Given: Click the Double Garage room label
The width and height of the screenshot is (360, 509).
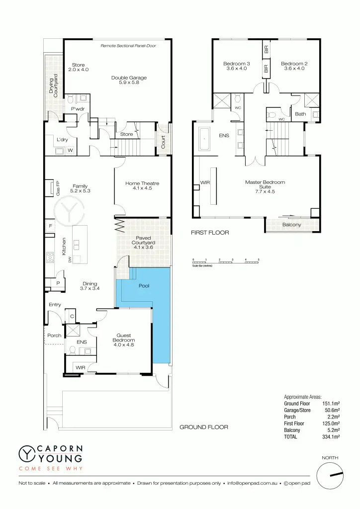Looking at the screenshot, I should point(129,80).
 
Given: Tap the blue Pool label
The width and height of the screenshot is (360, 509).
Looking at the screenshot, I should point(144,286).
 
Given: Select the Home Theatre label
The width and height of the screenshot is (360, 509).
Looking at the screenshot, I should point(142,186).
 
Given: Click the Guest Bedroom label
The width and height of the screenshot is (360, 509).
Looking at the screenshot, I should point(124,340).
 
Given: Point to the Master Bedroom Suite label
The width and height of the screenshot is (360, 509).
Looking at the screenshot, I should point(265,186).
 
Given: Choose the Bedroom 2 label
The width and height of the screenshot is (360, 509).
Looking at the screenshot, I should point(294,66).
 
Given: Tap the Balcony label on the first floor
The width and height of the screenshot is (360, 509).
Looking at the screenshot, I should point(291,225).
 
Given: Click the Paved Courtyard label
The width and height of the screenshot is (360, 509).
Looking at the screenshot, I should point(143,243).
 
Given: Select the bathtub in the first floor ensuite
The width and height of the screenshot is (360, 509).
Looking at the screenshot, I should point(205,139).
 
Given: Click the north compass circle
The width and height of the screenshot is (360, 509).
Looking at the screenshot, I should point(330,474).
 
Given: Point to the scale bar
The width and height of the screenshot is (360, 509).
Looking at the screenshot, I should point(226,261).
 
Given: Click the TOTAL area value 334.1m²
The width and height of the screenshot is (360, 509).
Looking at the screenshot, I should point(331,436).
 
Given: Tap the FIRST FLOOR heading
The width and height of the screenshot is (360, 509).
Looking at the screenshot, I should point(210,233).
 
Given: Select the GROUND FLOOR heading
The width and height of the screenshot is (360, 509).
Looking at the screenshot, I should point(203,427).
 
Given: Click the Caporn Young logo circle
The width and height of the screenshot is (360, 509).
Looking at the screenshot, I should point(26,453).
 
